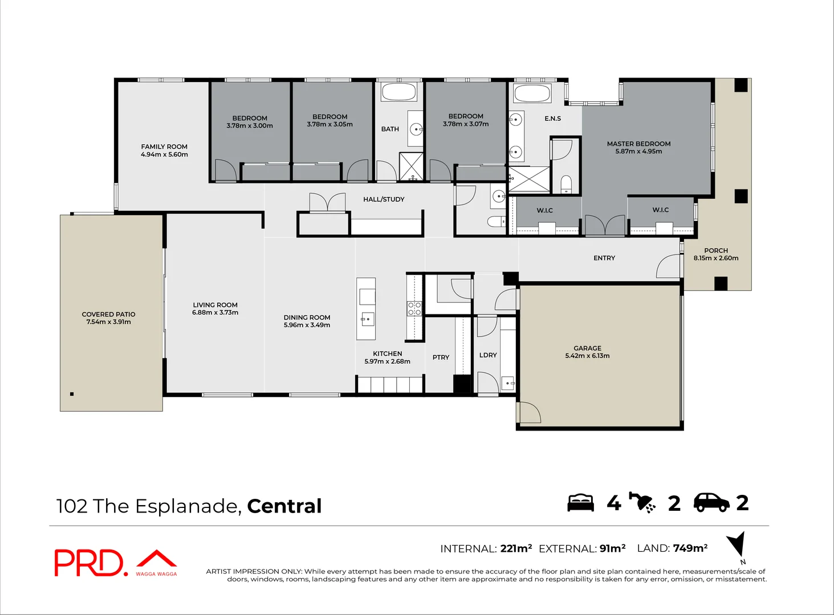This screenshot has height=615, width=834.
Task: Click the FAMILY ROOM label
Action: [164, 146]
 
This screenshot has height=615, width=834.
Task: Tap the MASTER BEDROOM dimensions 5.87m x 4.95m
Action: [638, 151]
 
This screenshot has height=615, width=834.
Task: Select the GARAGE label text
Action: [587, 348]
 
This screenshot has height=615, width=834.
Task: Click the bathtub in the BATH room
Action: [398, 92]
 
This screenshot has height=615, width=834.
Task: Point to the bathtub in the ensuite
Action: [531, 93]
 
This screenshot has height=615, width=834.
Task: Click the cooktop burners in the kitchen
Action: [414, 309]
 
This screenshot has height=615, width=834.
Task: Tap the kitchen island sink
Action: [367, 319]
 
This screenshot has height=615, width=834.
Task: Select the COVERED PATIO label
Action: [108, 314]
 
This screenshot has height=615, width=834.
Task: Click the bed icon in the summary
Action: [580, 503]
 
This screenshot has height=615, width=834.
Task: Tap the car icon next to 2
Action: [711, 502]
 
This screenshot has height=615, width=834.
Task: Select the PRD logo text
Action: [88, 563]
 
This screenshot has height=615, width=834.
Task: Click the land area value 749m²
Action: [690, 548]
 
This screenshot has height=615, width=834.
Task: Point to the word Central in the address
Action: [284, 506]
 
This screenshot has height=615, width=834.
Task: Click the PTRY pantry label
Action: [441, 357]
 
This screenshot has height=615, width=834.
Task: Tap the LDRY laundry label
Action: [488, 355]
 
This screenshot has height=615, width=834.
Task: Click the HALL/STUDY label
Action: [384, 199]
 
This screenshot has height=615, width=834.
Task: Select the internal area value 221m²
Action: [515, 548]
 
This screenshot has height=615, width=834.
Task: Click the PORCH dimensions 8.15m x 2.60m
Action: [715, 258]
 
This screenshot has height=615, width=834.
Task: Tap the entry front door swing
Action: [668, 266]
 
